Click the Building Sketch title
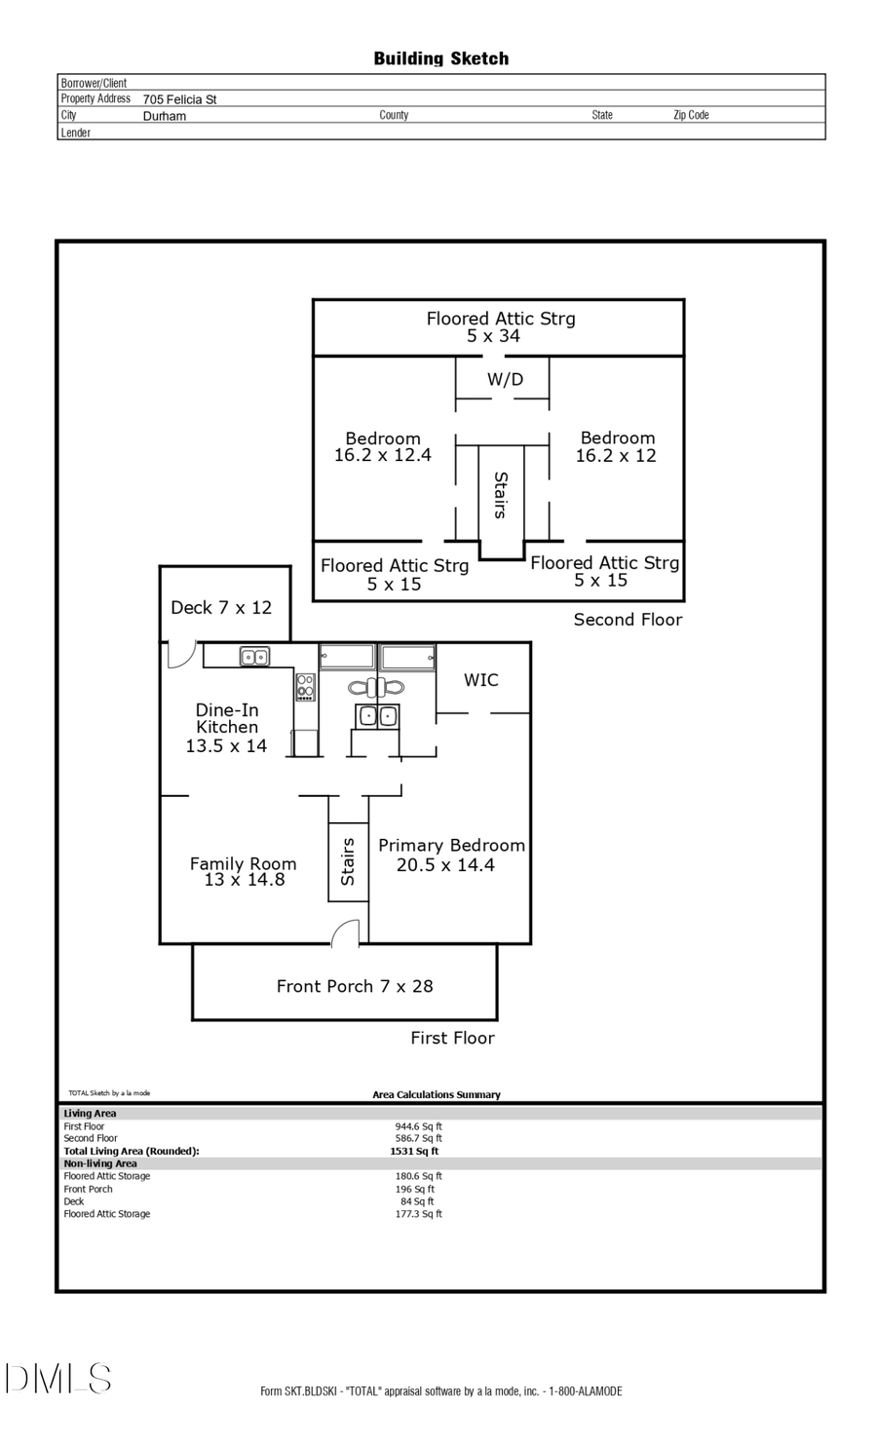440,58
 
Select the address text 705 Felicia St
179,99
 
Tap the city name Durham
164,116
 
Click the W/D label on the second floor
505,379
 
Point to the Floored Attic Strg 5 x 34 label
500,327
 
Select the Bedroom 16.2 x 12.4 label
383,446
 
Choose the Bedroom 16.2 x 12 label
617,446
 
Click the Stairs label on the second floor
501,494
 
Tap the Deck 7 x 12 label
221,607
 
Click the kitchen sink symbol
255,658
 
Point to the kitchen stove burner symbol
306,687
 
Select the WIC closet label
480,680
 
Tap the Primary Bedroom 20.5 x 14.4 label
450,855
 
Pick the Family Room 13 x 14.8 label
243,871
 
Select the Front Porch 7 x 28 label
355,986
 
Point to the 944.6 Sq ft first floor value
418,1126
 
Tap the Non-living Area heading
100,1163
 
